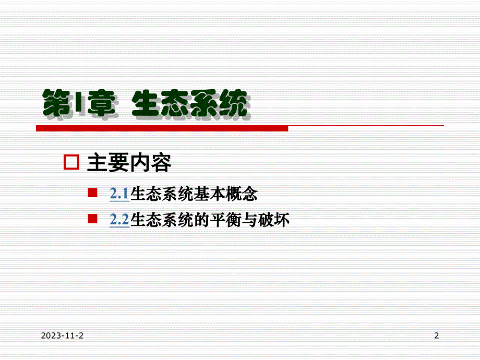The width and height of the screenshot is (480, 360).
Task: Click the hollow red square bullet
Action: coord(71,162)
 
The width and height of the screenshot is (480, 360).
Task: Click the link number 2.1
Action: coord(119,194)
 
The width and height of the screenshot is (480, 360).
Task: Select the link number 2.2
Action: coord(119,220)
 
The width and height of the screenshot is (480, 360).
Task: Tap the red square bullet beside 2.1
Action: coord(92,193)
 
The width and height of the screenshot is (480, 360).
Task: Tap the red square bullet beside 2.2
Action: coord(92,219)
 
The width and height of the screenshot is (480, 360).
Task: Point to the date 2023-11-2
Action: coord(62,335)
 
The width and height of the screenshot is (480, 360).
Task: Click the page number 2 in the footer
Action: coord(437,335)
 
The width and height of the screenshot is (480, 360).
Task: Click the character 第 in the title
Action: coord(57,103)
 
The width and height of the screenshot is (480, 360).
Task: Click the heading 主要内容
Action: coord(129,163)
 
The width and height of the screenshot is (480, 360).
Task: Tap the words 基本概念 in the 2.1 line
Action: coord(225,194)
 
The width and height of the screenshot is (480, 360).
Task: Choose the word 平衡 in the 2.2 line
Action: coord(225,220)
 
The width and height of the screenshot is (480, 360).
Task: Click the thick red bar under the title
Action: coord(162,128)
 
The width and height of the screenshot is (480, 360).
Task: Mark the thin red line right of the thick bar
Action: coord(366,126)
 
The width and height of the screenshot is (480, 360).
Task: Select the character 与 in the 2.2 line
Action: coord(250,220)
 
